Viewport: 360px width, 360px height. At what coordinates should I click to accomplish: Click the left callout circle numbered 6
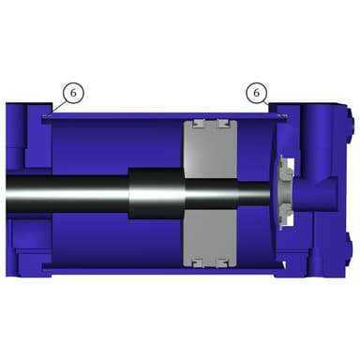[x=73, y=93]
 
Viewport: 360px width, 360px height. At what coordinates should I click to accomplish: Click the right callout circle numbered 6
[x=257, y=93]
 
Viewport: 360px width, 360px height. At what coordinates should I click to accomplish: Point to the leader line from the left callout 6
[x=59, y=107]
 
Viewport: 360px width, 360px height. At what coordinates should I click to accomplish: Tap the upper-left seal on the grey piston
[x=198, y=124]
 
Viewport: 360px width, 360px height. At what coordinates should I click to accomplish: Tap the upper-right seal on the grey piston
[x=223, y=124]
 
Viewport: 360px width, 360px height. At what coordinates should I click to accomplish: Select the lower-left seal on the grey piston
[x=198, y=263]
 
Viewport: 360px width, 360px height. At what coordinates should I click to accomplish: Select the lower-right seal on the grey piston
[x=223, y=263]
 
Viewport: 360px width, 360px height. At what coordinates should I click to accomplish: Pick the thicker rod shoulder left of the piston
[x=156, y=194]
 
